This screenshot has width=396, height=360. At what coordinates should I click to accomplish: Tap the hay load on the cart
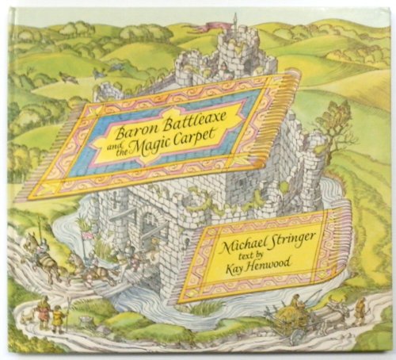(293, 307)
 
